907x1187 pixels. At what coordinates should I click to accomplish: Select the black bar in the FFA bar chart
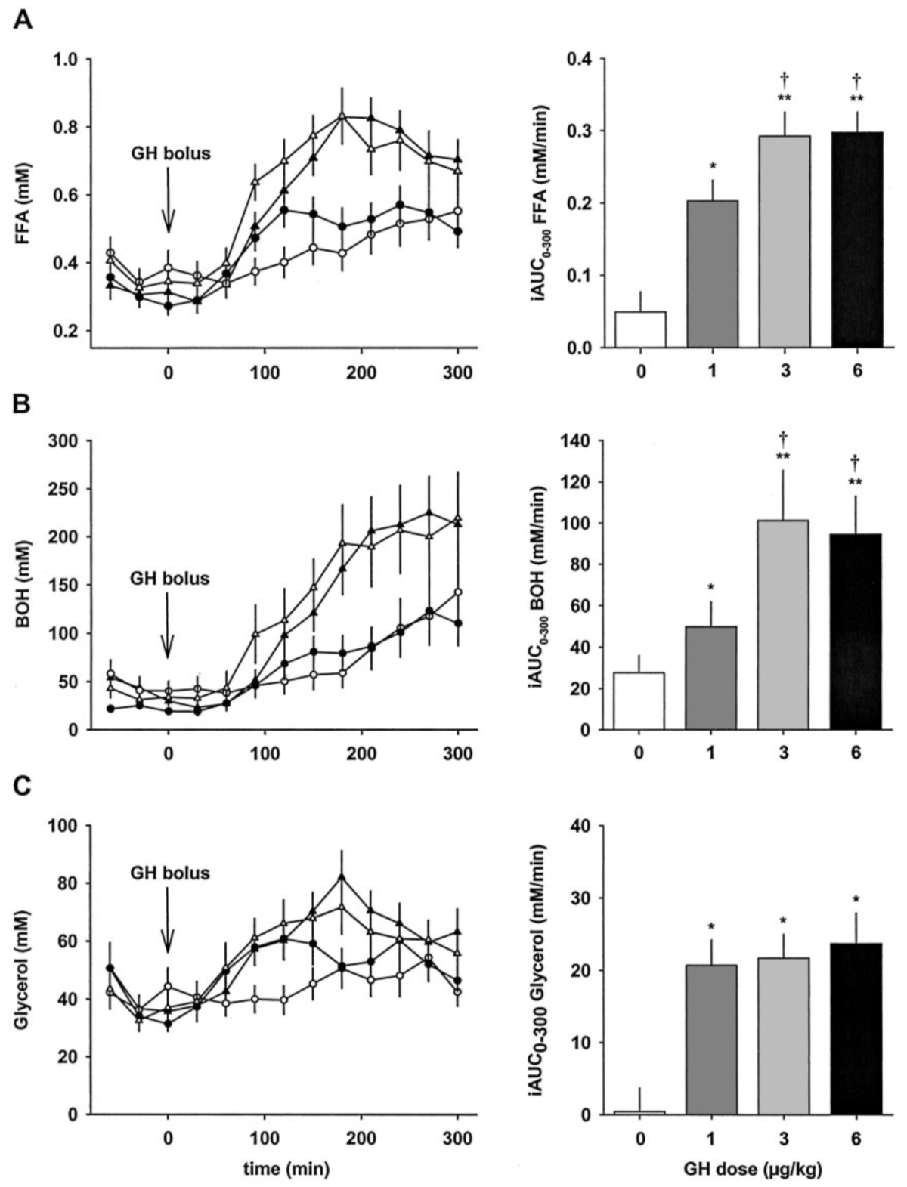tap(856, 240)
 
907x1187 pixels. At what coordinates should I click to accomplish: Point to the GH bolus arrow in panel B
tap(168, 627)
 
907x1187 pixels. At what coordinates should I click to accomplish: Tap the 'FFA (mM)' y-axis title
tap(23, 203)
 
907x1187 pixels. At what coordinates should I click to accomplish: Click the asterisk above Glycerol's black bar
tap(856, 899)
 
